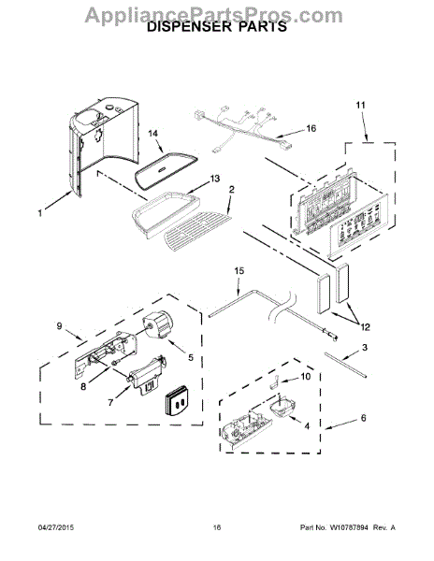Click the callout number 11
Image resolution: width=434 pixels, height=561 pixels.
click(x=360, y=105)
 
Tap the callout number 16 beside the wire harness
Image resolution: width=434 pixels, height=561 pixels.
click(x=311, y=128)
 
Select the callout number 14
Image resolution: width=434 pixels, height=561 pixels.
click(x=152, y=134)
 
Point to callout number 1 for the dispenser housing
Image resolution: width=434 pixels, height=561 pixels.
click(x=40, y=213)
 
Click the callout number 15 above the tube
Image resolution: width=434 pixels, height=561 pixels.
click(x=239, y=270)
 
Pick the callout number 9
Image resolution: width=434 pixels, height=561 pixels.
click(x=59, y=325)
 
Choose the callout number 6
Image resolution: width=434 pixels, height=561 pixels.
click(x=363, y=418)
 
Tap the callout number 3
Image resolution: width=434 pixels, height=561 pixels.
click(x=364, y=347)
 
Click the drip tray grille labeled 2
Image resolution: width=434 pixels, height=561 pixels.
click(x=197, y=231)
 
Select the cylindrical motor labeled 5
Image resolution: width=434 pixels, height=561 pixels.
click(x=157, y=324)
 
